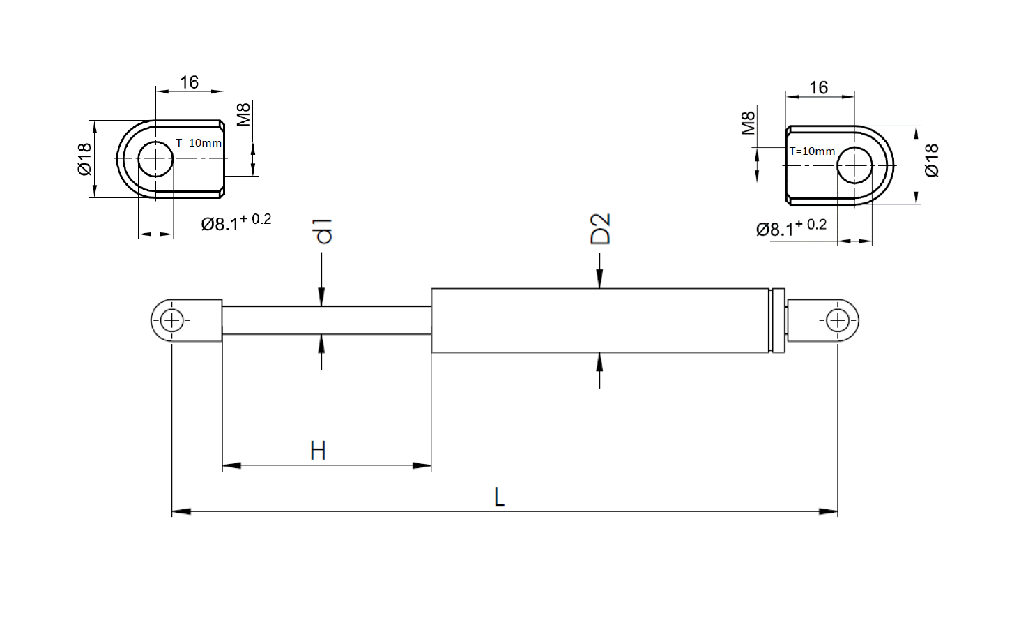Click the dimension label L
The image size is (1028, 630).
(x=499, y=497)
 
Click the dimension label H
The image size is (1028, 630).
(x=318, y=451)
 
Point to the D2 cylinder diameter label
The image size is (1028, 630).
(x=600, y=228)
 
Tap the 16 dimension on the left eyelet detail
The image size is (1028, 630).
(x=189, y=82)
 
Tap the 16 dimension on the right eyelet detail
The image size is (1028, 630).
(x=819, y=87)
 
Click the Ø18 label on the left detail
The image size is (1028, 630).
(x=84, y=159)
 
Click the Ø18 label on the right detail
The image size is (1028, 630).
(x=932, y=160)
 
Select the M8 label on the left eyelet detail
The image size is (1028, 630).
(x=243, y=114)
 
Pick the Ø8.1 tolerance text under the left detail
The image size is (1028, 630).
(x=236, y=223)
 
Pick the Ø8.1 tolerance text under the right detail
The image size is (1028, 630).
(x=791, y=227)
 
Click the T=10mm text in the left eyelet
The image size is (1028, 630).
(x=199, y=142)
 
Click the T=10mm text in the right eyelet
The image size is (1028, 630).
(x=812, y=151)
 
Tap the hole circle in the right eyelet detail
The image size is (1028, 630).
(x=854, y=166)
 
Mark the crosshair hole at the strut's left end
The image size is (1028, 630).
(x=171, y=322)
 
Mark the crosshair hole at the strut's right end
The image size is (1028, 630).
(x=838, y=322)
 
